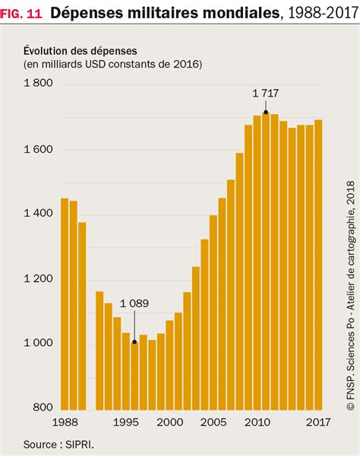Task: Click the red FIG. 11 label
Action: [x=21, y=12]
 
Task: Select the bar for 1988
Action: [x=65, y=304]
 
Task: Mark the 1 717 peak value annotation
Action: [x=266, y=93]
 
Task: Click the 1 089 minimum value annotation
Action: [x=133, y=303]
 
